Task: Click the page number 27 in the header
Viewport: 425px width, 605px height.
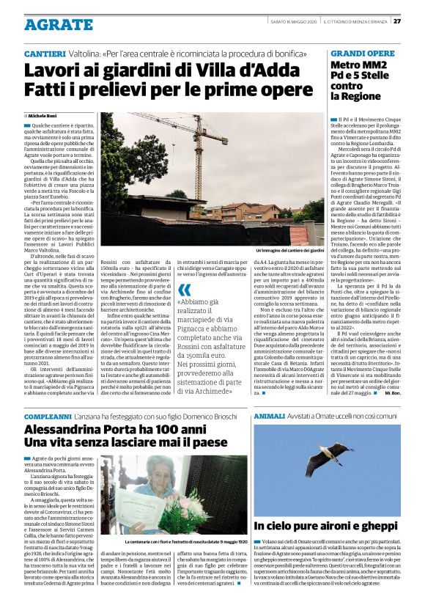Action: click(416, 21)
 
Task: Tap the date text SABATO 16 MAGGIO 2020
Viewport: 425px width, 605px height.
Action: click(297, 21)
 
